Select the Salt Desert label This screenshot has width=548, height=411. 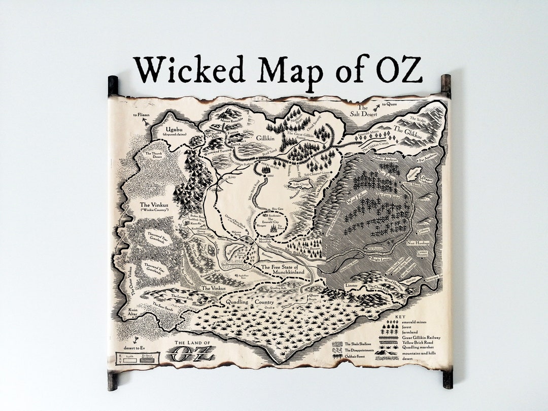coord(362,113)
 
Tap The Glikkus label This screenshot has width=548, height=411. coord(407,131)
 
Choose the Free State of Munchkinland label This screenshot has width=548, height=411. coord(283,269)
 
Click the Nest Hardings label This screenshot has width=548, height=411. coord(418,243)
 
